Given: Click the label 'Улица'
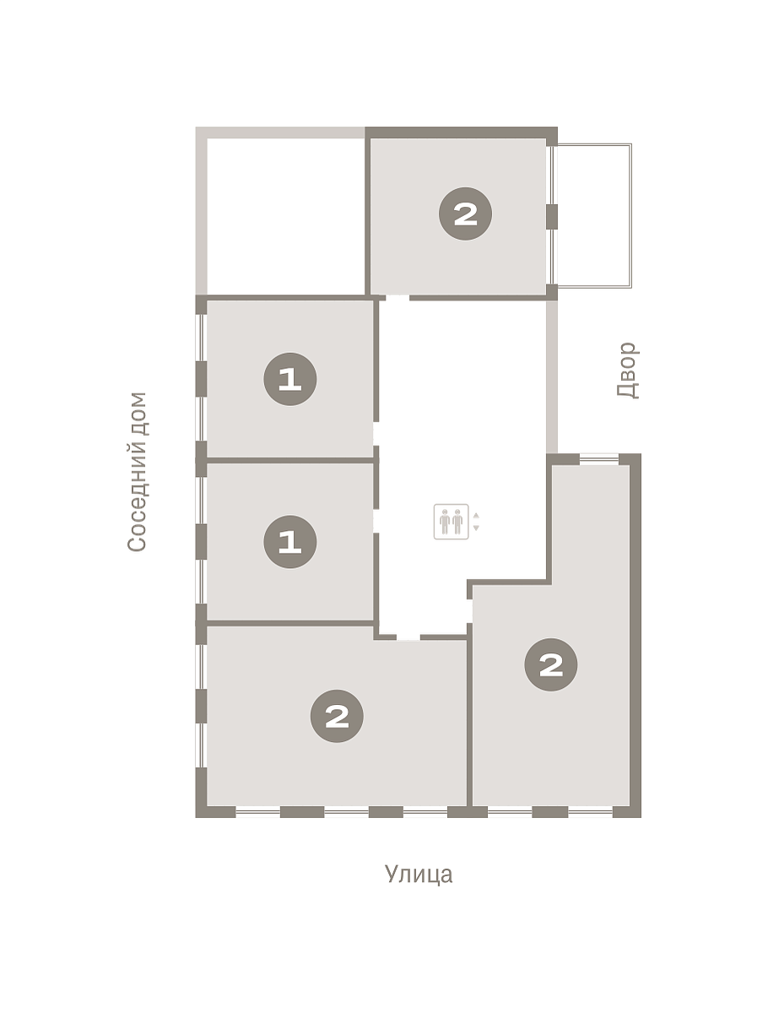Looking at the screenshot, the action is [x=418, y=874].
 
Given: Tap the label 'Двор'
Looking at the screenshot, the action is [x=628, y=370].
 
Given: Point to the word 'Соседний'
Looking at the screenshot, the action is [x=137, y=496].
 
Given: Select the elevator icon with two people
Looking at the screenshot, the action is [x=451, y=522].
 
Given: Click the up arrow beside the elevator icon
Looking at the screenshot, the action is [x=476, y=516].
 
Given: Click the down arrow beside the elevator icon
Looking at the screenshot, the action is [x=476, y=528].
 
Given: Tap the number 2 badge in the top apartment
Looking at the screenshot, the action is [x=465, y=214].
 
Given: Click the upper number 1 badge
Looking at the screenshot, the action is [x=290, y=379].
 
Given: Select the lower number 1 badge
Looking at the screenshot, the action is [x=290, y=541].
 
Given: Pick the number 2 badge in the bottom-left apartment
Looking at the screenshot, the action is [x=337, y=716].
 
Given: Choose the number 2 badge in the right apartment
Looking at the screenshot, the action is [x=551, y=664].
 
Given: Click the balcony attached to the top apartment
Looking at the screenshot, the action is [x=593, y=215].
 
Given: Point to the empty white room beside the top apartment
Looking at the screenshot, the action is [x=286, y=216].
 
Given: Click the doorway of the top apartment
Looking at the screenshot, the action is [x=398, y=298].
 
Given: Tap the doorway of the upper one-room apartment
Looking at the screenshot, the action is [x=376, y=434].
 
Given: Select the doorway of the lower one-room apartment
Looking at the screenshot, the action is [x=376, y=521].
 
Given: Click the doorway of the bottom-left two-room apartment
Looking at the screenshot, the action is [x=408, y=637].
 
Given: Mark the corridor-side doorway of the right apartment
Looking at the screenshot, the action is [x=469, y=611].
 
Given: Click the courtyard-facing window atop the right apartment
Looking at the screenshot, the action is [x=598, y=459].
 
